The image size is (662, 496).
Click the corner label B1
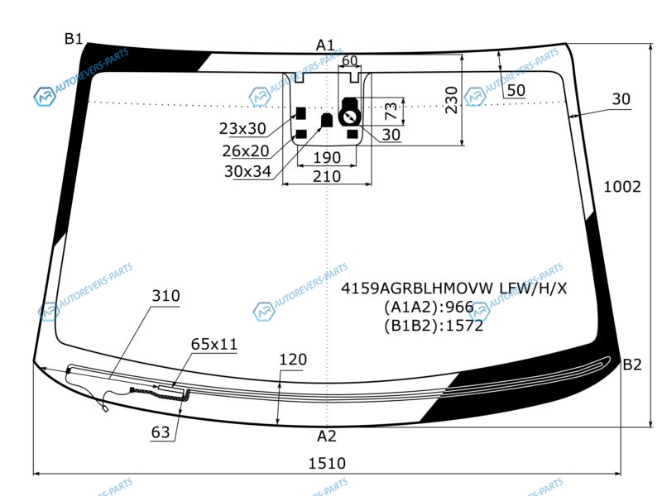click(x=74, y=39)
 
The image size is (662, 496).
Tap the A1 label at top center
click(x=325, y=45)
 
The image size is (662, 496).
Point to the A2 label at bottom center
click(x=326, y=436)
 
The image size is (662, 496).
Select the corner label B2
click(x=632, y=365)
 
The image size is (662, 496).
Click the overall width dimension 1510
click(x=327, y=464)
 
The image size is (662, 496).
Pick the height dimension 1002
click(x=622, y=187)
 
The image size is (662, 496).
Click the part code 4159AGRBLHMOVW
click(x=417, y=289)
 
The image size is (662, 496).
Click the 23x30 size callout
click(x=242, y=129)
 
